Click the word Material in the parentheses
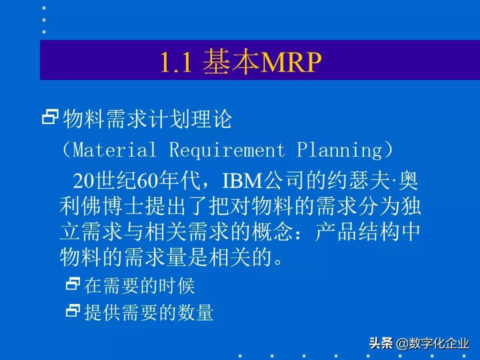click(114, 149)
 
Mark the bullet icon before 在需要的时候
click(73, 285)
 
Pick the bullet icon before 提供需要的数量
click(73, 311)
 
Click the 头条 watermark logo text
click(381, 343)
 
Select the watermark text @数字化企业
click(433, 343)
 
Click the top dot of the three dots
click(44, 8)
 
